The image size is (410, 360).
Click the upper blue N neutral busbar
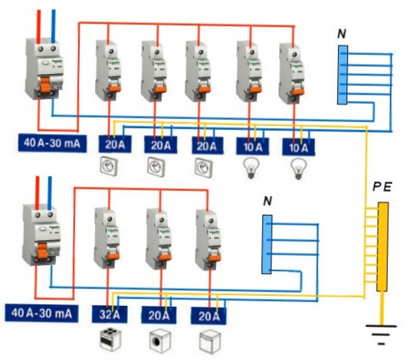pos(343,75)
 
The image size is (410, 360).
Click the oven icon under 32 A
pos(110,339)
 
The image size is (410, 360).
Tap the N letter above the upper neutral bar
pos(341,35)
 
